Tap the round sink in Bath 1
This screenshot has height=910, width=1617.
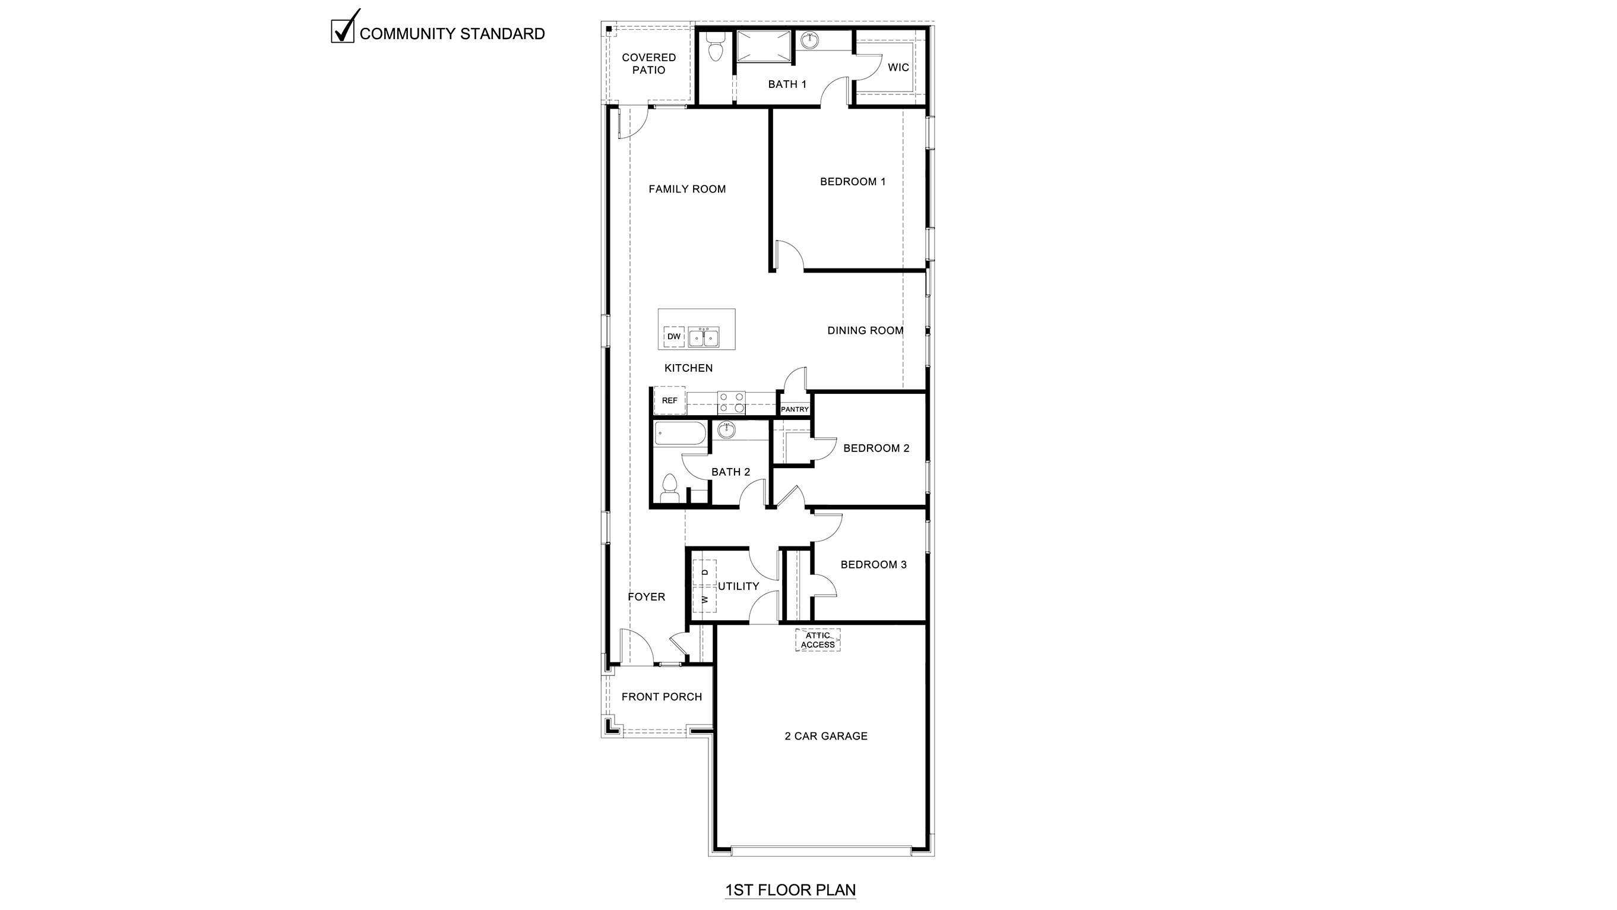pyautogui.click(x=811, y=41)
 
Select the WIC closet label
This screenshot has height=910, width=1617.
pyautogui.click(x=898, y=68)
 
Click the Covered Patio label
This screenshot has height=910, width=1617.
pyautogui.click(x=648, y=64)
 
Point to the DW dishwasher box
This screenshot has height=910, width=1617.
pyautogui.click(x=673, y=337)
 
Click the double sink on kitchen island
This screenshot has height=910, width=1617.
pyautogui.click(x=703, y=337)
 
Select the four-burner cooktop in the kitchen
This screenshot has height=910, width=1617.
pyautogui.click(x=731, y=403)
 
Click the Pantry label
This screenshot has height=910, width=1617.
pyautogui.click(x=795, y=409)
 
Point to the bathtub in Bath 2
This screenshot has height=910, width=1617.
pyautogui.click(x=681, y=434)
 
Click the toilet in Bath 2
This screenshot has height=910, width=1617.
pyautogui.click(x=670, y=489)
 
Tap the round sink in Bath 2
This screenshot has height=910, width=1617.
pyautogui.click(x=726, y=430)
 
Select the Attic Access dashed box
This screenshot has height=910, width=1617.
pyautogui.click(x=817, y=640)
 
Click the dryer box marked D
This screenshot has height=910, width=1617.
pyautogui.click(x=704, y=572)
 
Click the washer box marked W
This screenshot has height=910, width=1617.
pyautogui.click(x=704, y=600)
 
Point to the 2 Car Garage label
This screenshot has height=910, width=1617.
pyautogui.click(x=825, y=736)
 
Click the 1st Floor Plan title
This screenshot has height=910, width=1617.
pyautogui.click(x=790, y=890)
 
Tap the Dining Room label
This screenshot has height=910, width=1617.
pyautogui.click(x=865, y=330)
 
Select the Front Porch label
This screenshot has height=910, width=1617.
pyautogui.click(x=661, y=697)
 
